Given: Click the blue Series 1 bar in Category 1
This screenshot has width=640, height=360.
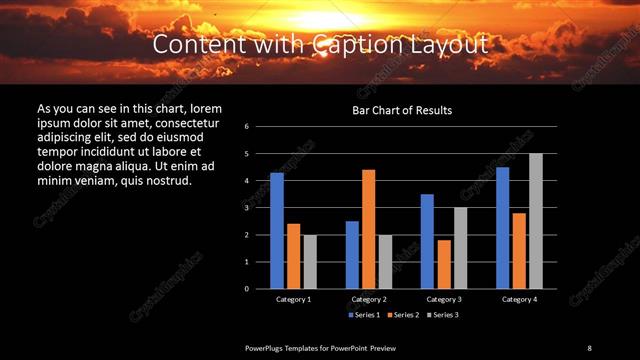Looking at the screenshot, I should (x=277, y=231).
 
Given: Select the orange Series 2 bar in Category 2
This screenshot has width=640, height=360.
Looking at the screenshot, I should (x=368, y=229).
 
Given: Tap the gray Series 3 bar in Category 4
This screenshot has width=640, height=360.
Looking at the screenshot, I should (x=536, y=221).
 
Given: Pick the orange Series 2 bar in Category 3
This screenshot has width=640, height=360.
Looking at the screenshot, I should (x=443, y=264).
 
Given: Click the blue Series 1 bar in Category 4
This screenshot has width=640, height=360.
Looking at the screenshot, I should (x=502, y=228).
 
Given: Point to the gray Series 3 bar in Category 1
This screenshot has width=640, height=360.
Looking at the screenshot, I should (x=310, y=262).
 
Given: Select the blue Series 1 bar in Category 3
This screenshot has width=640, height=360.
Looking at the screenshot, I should (x=427, y=241).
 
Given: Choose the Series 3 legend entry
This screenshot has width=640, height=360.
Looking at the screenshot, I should (x=445, y=315).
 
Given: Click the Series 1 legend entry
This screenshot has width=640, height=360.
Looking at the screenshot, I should (x=363, y=315).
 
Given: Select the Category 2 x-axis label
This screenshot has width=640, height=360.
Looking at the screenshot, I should (x=369, y=299).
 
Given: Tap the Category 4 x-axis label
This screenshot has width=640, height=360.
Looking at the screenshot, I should (x=519, y=299).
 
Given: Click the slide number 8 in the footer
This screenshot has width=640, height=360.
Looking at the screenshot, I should (x=589, y=348).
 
